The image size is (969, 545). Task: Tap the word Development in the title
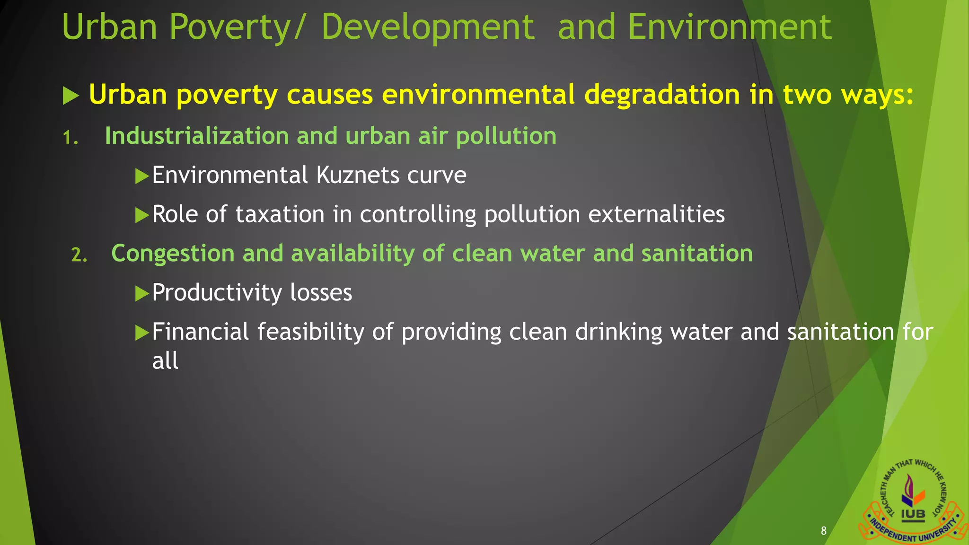(428, 27)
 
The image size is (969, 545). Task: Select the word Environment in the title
(729, 27)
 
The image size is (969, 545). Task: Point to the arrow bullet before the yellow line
(70, 96)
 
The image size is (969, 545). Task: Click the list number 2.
(79, 255)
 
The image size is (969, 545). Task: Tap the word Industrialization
(196, 136)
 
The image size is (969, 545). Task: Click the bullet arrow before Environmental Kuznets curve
(141, 176)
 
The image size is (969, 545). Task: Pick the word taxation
(280, 214)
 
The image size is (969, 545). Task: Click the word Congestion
(173, 254)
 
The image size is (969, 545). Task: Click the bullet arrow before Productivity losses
(141, 294)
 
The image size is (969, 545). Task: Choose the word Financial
(200, 332)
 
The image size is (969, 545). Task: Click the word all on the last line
(165, 361)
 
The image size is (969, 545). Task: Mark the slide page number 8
(824, 531)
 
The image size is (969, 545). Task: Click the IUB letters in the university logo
(913, 514)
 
